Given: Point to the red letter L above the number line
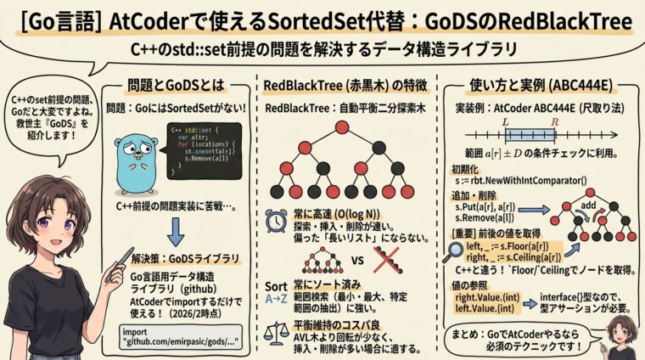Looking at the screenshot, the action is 506,122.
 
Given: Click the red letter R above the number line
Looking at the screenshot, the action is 553,122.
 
